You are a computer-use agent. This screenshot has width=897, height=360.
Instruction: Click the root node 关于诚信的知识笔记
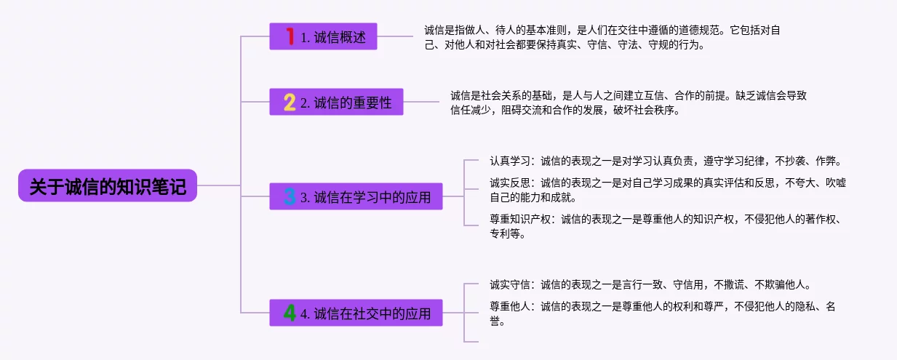[x=108, y=187]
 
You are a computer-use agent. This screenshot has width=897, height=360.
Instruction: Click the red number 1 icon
[x=290, y=36]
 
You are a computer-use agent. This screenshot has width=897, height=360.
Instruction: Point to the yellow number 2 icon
[x=290, y=103]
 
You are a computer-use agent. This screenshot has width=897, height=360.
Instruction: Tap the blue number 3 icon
[x=290, y=196]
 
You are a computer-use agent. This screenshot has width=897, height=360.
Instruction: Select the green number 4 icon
[x=290, y=313]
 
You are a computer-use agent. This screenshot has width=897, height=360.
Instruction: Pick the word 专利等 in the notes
[x=505, y=234]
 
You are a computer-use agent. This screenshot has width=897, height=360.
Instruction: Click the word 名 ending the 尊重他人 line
[x=831, y=306]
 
